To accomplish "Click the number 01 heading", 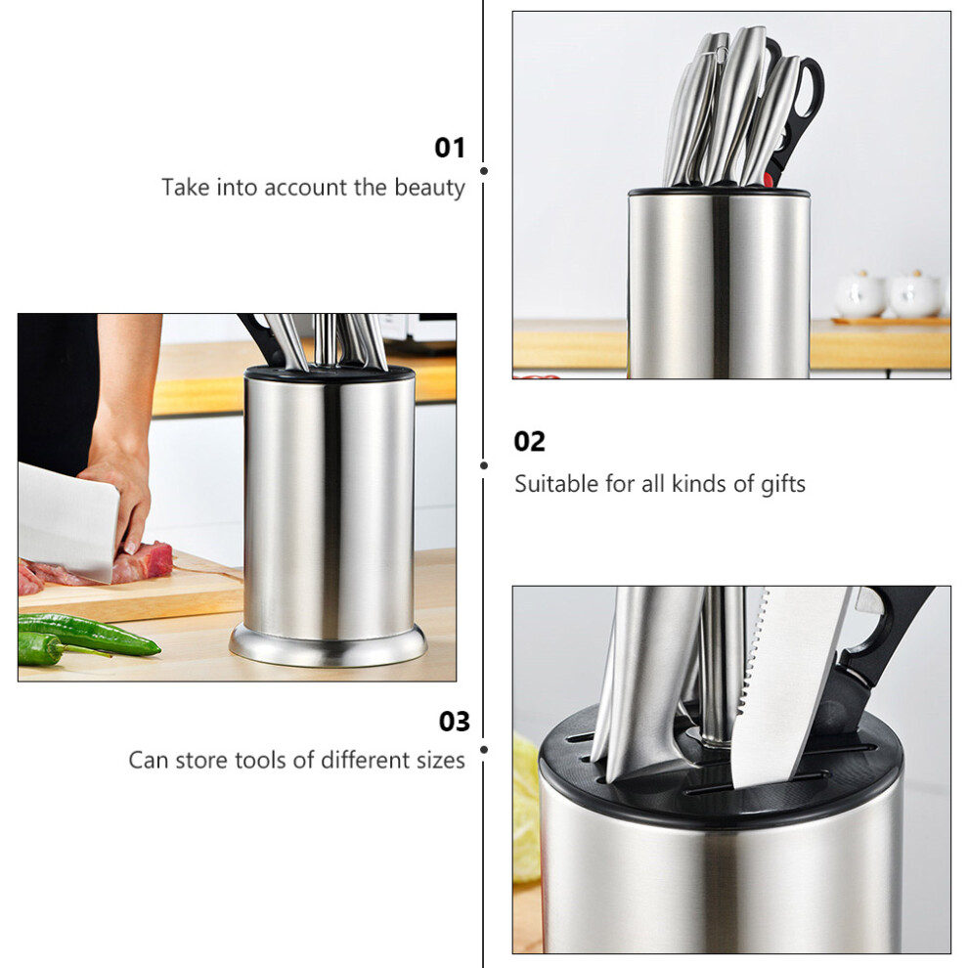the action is pyautogui.click(x=450, y=149).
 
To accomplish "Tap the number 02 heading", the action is pyautogui.click(x=529, y=442).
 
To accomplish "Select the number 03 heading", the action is pyautogui.click(x=455, y=721).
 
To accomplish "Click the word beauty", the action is pyautogui.click(x=429, y=187).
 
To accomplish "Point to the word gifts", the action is pyautogui.click(x=783, y=483).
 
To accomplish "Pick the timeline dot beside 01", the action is pyautogui.click(x=484, y=171).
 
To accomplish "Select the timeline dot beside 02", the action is pyautogui.click(x=484, y=465).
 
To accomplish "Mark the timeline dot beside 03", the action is pyautogui.click(x=484, y=749).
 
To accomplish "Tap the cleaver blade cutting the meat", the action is pyautogui.click(x=66, y=520).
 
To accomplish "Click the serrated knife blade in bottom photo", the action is pyautogui.click(x=784, y=685).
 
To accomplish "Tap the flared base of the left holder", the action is pyautogui.click(x=328, y=646).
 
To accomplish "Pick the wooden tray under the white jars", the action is pyautogui.click(x=890, y=321).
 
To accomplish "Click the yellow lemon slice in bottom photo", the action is pyautogui.click(x=526, y=809).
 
